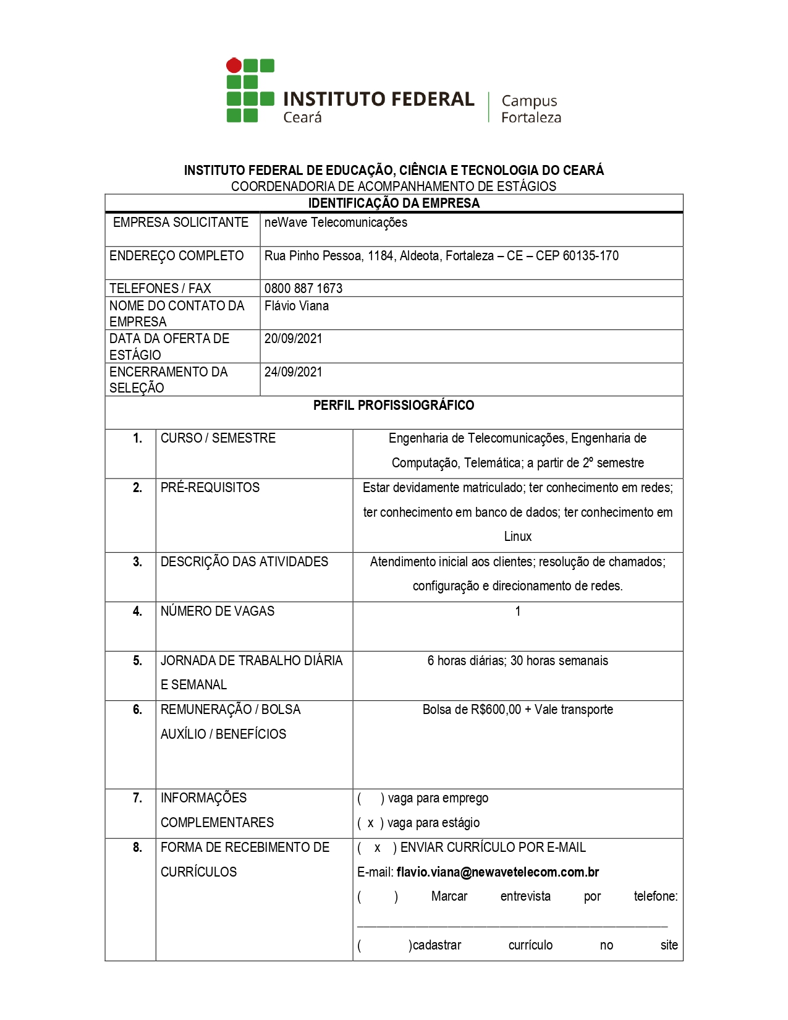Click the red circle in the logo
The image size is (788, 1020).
(234, 65)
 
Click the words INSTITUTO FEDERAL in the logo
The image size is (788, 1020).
(378, 100)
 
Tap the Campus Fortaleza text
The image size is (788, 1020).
(531, 109)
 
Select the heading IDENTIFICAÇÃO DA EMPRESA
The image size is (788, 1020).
(394, 203)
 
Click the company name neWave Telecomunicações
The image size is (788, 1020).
(336, 223)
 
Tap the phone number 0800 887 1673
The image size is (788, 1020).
(303, 289)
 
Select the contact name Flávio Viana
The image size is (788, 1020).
(297, 306)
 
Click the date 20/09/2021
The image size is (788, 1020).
(294, 339)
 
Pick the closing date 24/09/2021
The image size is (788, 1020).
(294, 372)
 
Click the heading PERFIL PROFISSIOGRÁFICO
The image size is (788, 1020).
(394, 406)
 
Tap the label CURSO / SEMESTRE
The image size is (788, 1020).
(218, 438)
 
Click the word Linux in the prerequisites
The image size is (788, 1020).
(518, 537)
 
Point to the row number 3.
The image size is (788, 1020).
(137, 562)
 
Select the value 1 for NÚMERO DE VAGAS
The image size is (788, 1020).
(518, 611)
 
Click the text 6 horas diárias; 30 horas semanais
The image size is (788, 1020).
(518, 661)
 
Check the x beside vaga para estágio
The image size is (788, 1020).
(370, 823)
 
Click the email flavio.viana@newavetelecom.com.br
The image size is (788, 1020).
(498, 872)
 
